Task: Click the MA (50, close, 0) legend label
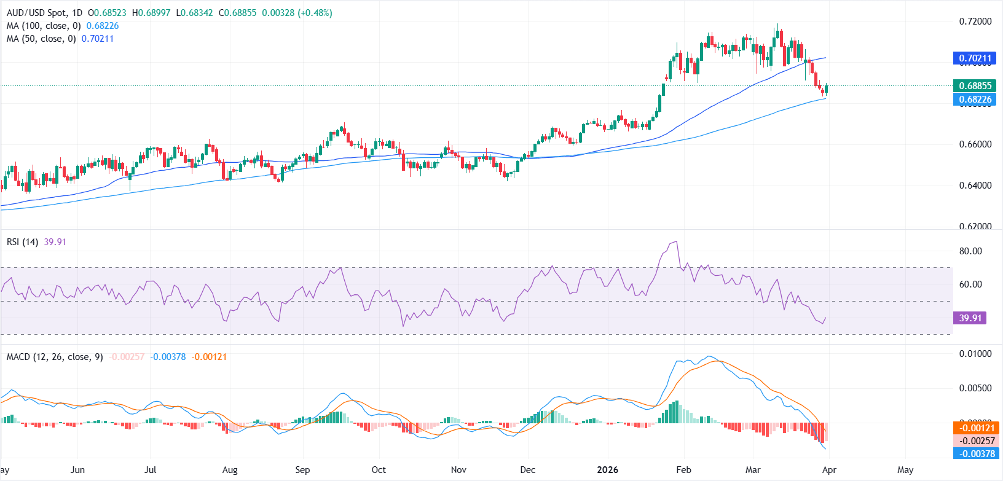tap(41, 39)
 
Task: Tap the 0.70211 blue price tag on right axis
tap(975, 58)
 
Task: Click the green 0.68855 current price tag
tap(975, 86)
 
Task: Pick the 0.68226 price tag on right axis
tap(975, 100)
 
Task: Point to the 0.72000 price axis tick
tap(975, 22)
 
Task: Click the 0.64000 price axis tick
tap(975, 186)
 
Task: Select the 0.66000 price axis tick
tap(975, 144)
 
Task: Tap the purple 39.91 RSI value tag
tap(970, 318)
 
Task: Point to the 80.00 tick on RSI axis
tap(970, 251)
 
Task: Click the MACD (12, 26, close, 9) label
tap(55, 357)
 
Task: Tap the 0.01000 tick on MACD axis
tap(975, 354)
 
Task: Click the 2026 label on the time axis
tap(607, 470)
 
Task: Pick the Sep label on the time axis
tap(302, 470)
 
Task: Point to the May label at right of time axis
tap(905, 470)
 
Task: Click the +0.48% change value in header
tap(315, 13)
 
